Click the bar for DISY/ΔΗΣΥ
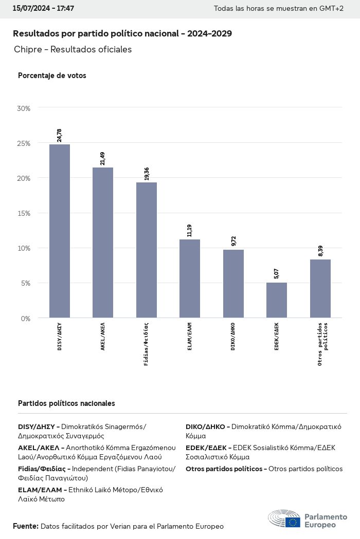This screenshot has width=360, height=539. click(60, 231)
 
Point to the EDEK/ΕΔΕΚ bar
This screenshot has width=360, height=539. click(277, 300)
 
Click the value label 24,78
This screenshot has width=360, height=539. click(60, 136)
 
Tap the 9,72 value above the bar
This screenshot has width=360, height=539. click(233, 241)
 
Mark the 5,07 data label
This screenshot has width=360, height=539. click(277, 274)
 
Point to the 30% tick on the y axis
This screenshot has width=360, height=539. click(24, 108)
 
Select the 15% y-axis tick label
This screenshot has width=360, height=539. click(24, 213)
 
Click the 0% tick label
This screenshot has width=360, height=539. click(26, 319)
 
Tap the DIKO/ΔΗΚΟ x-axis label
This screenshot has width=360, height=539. click(233, 337)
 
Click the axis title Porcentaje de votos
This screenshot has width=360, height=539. click(52, 76)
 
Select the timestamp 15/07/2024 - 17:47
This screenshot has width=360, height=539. click(43, 9)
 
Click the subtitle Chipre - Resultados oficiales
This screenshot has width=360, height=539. click(73, 49)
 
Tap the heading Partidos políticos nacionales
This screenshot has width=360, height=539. click(66, 403)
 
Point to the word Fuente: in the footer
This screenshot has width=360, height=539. click(26, 526)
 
